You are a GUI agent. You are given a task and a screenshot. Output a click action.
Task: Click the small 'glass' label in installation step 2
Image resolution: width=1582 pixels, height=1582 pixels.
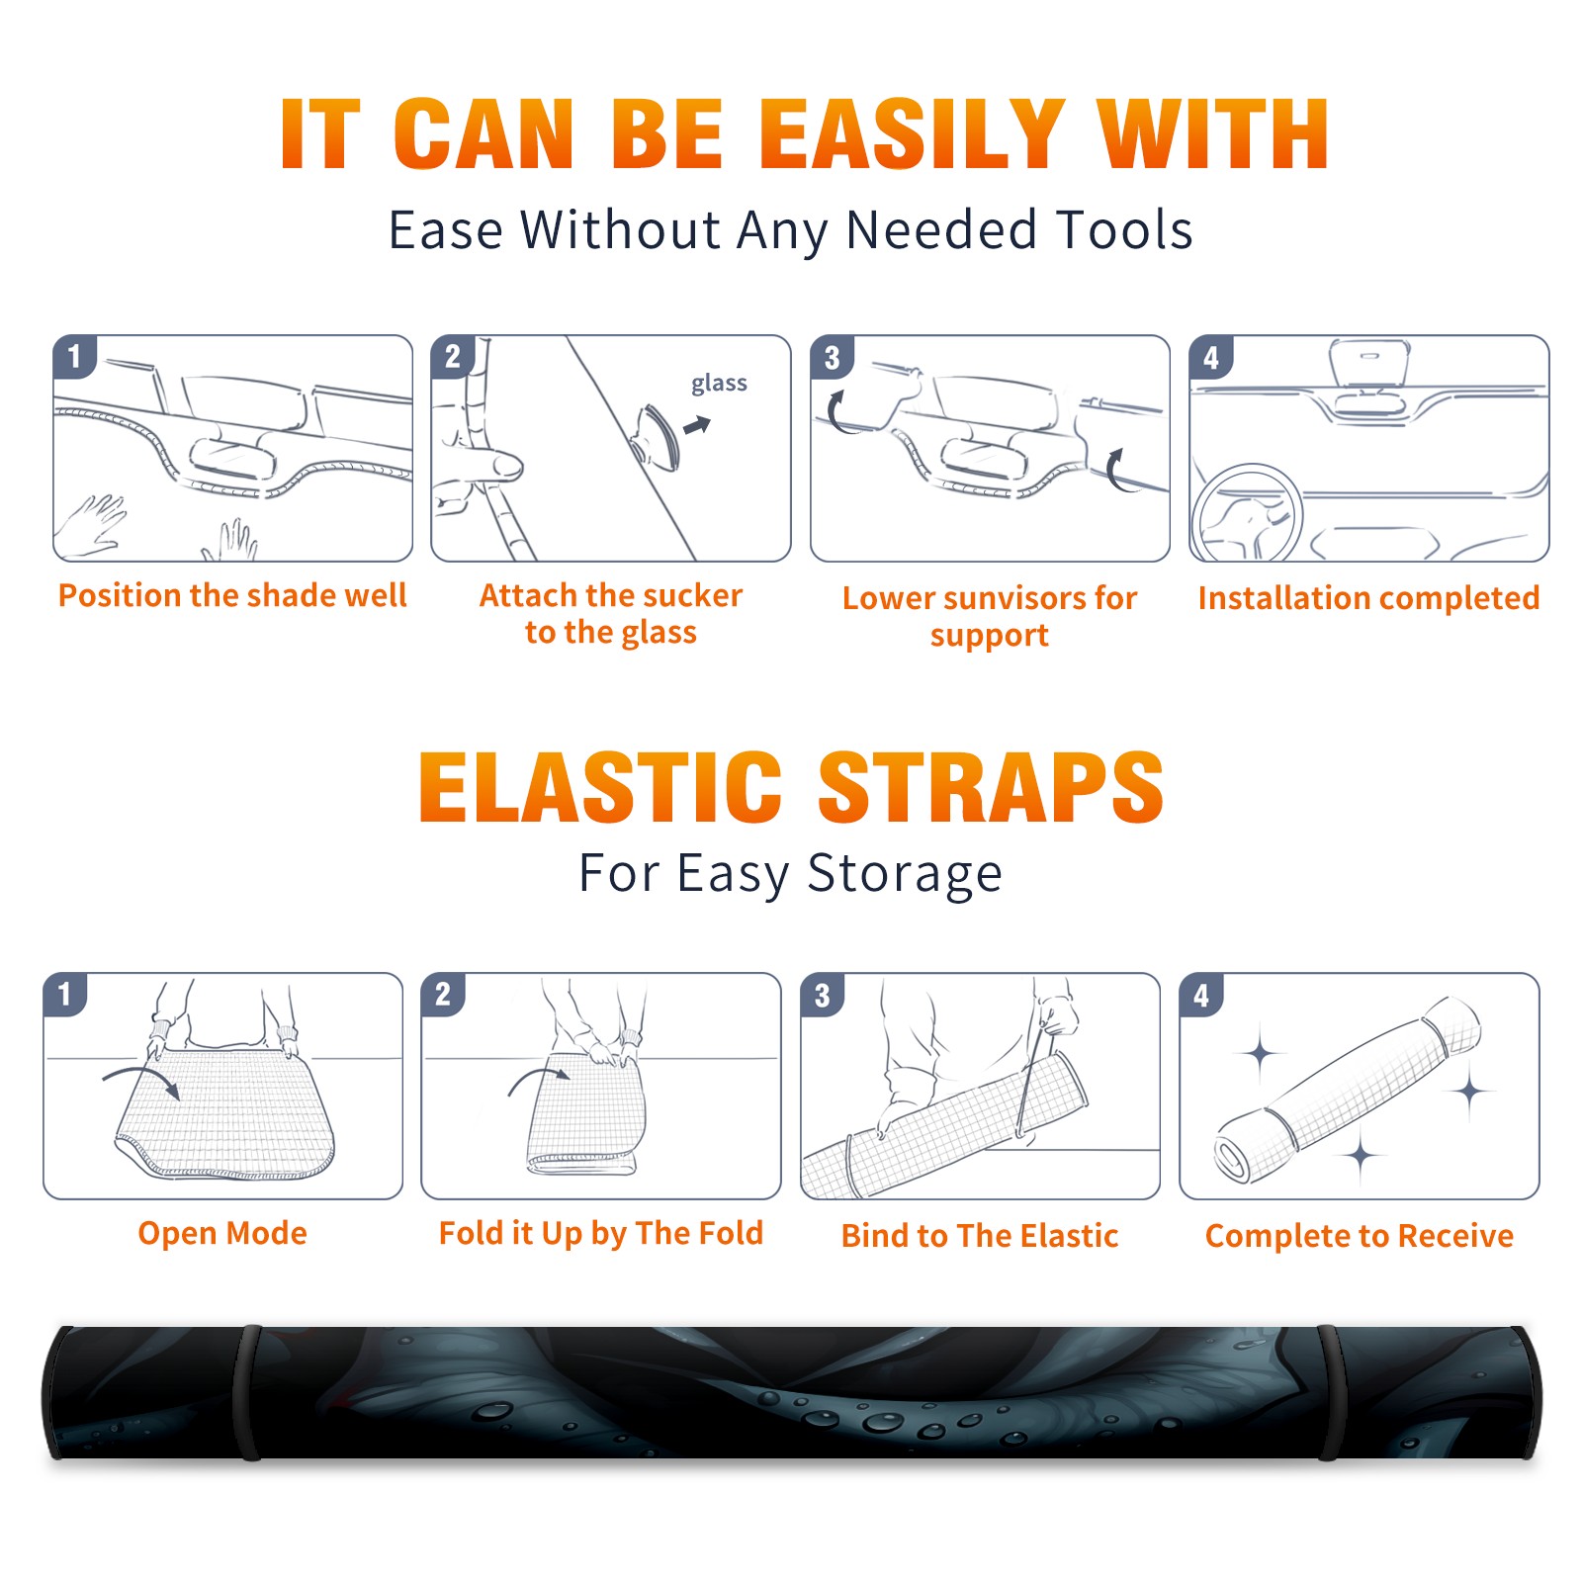point(719,384)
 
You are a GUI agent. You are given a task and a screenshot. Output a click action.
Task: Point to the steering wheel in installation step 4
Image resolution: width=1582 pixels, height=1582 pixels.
point(1246,514)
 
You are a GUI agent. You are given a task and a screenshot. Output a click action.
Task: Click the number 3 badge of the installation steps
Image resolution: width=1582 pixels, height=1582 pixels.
point(833,357)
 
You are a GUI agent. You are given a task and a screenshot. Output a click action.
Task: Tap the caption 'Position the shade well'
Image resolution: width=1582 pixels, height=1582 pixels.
point(232,595)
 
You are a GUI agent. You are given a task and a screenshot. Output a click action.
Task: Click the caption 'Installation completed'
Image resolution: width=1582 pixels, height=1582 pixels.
point(1368,597)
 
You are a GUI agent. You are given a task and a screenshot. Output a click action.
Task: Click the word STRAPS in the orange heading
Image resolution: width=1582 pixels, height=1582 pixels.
point(991,787)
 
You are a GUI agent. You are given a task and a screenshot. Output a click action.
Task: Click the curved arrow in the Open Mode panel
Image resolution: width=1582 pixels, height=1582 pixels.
point(141,1080)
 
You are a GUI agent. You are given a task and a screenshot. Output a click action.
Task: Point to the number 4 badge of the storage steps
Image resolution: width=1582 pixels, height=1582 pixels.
point(1201,995)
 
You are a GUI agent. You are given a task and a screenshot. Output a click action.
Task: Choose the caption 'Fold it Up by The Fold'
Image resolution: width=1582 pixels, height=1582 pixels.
point(601,1233)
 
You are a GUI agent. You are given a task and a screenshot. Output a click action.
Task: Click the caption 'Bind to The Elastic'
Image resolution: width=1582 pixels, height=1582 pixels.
point(980,1235)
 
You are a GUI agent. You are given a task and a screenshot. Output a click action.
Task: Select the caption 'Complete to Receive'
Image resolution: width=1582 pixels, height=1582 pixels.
point(1360,1235)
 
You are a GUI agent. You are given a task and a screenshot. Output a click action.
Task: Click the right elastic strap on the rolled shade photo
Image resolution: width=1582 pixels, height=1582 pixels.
point(1328,1392)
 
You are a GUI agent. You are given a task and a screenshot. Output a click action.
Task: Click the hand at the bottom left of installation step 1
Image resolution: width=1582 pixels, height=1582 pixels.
point(91,524)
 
